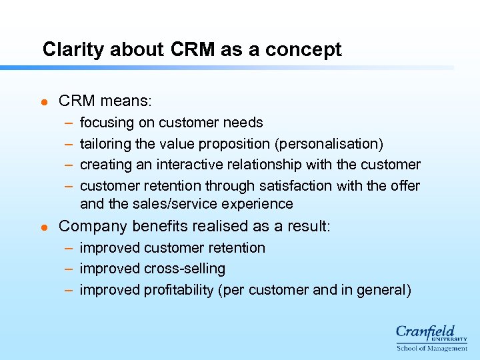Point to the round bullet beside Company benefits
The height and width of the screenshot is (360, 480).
coord(44,227)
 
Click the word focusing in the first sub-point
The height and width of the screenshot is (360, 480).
coord(107,123)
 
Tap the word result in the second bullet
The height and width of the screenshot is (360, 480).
coord(305,226)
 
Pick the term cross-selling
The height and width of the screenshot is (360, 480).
coord(185,269)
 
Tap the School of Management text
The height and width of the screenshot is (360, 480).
coord(432,348)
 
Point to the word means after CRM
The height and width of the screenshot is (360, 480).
coord(127,101)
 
